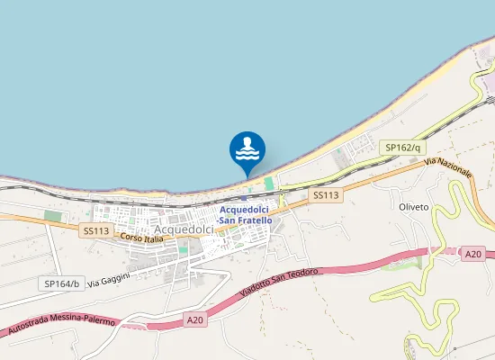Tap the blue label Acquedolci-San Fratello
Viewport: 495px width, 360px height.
(x=245, y=215)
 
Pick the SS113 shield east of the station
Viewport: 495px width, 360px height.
(x=326, y=194)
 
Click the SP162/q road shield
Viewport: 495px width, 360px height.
(x=402, y=147)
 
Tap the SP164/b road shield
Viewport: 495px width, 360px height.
(x=62, y=283)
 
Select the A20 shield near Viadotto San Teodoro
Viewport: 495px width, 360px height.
(x=194, y=319)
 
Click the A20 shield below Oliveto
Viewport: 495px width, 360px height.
(x=473, y=255)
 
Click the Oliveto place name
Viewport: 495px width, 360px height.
(x=413, y=207)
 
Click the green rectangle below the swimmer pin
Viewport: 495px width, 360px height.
(x=268, y=184)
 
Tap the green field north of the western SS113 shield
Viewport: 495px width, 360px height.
(x=54, y=216)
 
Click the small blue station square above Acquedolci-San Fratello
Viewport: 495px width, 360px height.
(x=246, y=199)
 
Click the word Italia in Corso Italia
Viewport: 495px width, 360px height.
(x=152, y=238)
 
